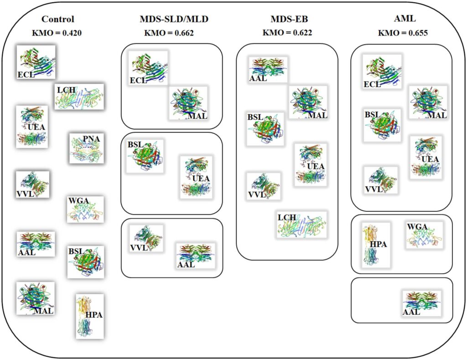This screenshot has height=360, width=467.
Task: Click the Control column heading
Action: point(57,19)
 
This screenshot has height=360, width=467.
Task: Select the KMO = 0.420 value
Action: point(57,33)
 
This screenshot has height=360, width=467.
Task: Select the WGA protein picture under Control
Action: point(85,209)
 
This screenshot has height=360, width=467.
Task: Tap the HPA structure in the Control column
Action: point(89,315)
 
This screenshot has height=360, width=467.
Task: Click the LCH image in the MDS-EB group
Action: point(301,224)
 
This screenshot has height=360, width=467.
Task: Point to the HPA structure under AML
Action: point(376,245)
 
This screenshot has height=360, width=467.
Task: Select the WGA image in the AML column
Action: point(424,235)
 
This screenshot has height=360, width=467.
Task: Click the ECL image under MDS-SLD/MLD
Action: point(148,68)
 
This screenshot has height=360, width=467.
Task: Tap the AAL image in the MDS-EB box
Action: point(268,69)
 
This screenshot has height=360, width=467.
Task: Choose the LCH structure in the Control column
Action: point(79,96)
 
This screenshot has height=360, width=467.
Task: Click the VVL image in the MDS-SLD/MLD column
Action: point(146,239)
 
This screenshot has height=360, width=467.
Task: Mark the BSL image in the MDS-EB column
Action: point(265,129)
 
